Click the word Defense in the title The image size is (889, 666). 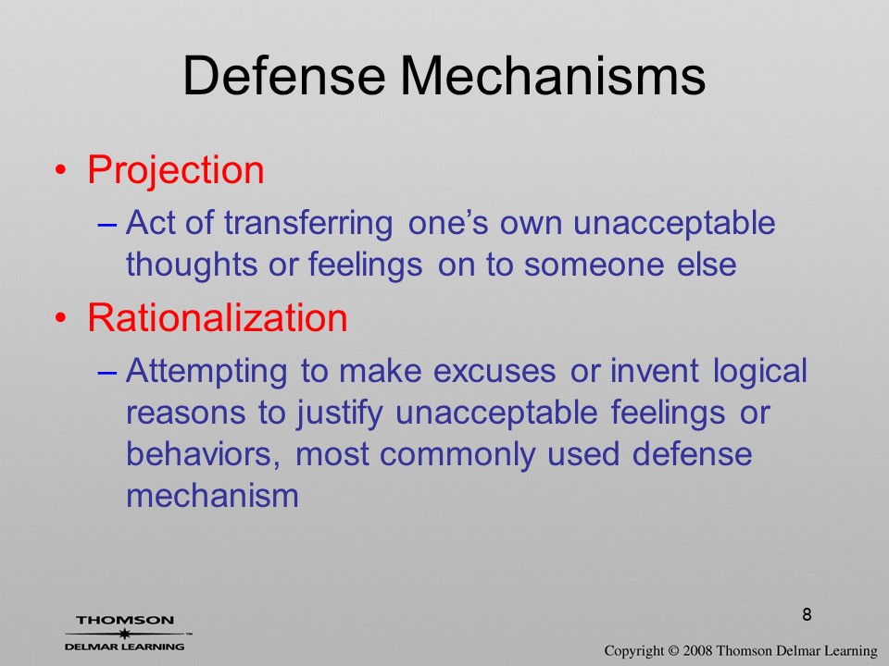pyautogui.click(x=284, y=75)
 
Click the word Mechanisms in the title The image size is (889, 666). pyautogui.click(x=554, y=75)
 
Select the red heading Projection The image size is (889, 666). pyautogui.click(x=176, y=170)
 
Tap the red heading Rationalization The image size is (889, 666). pyautogui.click(x=218, y=317)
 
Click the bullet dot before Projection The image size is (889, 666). pyautogui.click(x=61, y=170)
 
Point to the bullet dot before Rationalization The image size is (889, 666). pyautogui.click(x=61, y=318)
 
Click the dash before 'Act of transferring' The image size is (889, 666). pyautogui.click(x=107, y=225)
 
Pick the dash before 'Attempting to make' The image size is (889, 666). pyautogui.click(x=107, y=373)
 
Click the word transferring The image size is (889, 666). pyautogui.click(x=308, y=223)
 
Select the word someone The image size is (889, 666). pyautogui.click(x=594, y=265)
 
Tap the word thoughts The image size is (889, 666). pyautogui.click(x=192, y=265)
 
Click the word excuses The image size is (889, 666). pyautogui.click(x=495, y=372)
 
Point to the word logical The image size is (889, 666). pyautogui.click(x=759, y=372)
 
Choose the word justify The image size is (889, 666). pyautogui.click(x=340, y=413)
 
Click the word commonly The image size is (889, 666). pyautogui.click(x=457, y=455)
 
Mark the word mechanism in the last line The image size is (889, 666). pyautogui.click(x=212, y=496)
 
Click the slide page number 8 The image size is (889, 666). pyautogui.click(x=807, y=614)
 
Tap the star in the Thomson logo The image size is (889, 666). pyautogui.click(x=125, y=633)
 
